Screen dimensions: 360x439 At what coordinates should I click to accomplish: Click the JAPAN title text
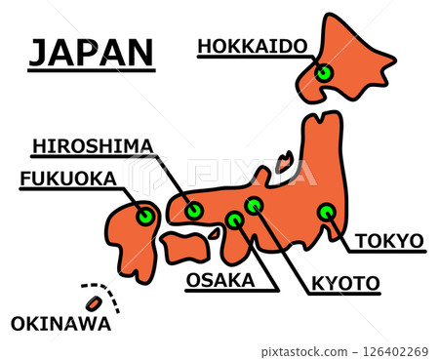click(91, 53)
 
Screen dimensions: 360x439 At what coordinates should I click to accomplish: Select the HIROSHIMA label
click(93, 146)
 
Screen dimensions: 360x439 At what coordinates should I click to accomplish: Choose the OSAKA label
click(219, 281)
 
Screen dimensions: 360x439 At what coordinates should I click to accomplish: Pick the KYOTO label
click(345, 284)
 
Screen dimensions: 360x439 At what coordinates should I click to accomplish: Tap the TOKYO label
click(388, 241)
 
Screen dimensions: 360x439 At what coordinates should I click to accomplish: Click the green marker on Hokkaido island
click(324, 72)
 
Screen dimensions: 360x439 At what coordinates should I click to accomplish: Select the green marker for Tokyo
click(326, 212)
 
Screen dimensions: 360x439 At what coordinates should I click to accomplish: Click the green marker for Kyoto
click(254, 205)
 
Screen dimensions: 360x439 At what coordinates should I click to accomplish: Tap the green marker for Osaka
click(234, 220)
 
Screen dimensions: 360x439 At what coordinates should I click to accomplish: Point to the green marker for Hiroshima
click(193, 210)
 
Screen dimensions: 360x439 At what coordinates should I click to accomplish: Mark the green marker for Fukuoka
click(145, 216)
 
